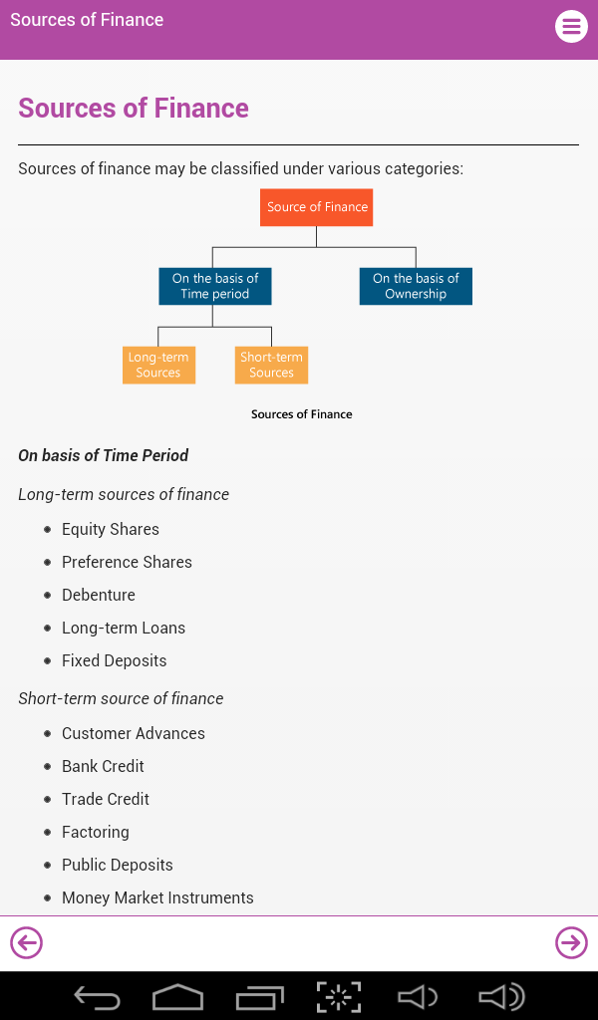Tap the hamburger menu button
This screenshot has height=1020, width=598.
[x=571, y=26]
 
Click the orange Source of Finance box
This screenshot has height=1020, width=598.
[x=317, y=207]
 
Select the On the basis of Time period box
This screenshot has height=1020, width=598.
[x=214, y=286]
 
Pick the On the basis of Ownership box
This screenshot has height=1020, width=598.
[x=416, y=286]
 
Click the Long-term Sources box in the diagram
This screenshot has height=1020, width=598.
[x=158, y=365]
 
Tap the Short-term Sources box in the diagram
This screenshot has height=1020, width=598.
[x=271, y=365]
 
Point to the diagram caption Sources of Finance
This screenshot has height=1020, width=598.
[x=301, y=414]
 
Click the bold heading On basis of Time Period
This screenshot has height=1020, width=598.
[x=104, y=455]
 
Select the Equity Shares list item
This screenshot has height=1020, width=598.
[x=111, y=529]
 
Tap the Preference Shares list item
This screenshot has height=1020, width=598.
[x=127, y=562]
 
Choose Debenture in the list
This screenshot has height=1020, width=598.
[x=99, y=595]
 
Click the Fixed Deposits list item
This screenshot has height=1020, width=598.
[x=115, y=660]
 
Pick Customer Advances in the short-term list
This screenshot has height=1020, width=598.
[x=134, y=733]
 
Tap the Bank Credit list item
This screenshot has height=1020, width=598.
[x=103, y=766]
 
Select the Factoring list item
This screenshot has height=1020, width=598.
[x=96, y=832]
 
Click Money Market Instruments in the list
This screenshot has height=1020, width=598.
[x=157, y=897]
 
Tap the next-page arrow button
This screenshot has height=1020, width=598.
[x=571, y=942]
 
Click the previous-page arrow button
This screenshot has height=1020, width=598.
[x=26, y=942]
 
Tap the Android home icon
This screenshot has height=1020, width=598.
[x=177, y=996]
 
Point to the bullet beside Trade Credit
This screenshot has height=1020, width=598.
[x=47, y=799]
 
